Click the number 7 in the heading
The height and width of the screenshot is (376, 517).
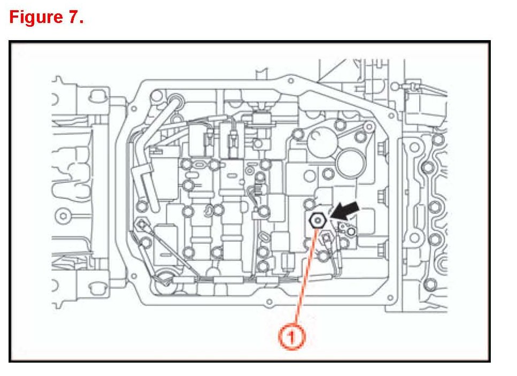(74, 17)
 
